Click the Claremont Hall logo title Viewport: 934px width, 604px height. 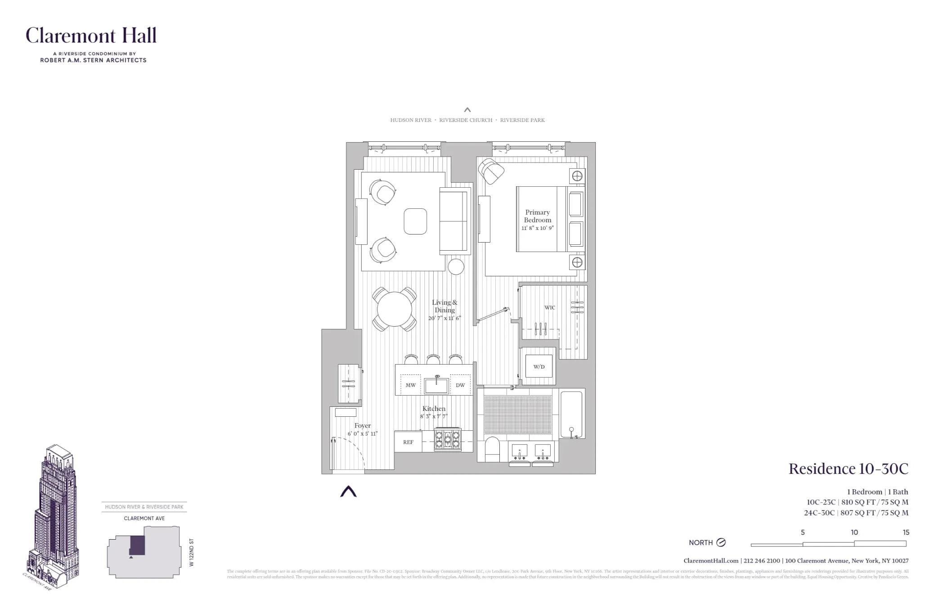coord(91,35)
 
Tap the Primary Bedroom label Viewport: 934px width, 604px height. coord(537,216)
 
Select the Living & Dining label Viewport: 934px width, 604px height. coord(445,306)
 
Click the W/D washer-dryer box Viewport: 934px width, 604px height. coord(539,366)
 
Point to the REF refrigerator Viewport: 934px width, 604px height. coord(408,442)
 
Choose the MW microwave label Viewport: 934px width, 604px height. coord(410,385)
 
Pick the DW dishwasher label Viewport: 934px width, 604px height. coord(460,385)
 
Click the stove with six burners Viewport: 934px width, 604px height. coord(448,439)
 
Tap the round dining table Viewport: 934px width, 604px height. coord(394,309)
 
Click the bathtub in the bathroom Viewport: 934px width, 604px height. coord(571,414)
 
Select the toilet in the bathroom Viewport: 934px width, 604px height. coord(493,449)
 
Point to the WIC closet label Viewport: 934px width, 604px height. coord(550,308)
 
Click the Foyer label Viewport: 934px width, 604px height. coord(362,426)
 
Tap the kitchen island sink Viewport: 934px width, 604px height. coord(436,386)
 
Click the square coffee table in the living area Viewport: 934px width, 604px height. coord(415,221)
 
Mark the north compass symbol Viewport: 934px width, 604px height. coord(721,542)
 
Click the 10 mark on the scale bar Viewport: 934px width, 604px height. coord(854,532)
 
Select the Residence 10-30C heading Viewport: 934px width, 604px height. coord(848,469)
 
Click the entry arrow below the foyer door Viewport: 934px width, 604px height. coord(348,491)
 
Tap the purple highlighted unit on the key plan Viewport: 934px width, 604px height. coord(137,545)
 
